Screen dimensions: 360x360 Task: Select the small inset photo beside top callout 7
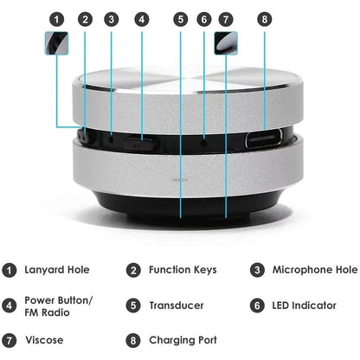click(x=227, y=41)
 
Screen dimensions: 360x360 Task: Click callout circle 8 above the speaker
click(x=265, y=18)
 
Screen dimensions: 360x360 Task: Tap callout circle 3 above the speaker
click(x=112, y=18)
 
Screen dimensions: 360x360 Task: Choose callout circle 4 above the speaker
click(x=141, y=18)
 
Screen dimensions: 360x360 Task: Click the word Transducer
click(x=177, y=305)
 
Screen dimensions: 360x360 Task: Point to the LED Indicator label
click(x=304, y=305)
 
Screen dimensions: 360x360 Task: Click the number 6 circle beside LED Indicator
click(x=257, y=305)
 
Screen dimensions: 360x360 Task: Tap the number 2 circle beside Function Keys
click(x=132, y=270)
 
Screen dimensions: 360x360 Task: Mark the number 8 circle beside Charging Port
click(x=132, y=340)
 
